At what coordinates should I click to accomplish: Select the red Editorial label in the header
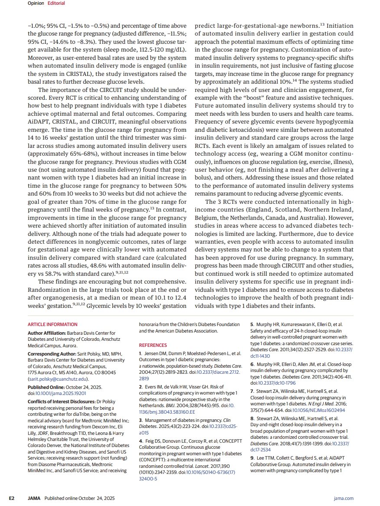click(56, 3)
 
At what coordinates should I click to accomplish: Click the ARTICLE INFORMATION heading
click(52, 324)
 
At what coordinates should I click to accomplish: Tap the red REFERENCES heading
click(153, 345)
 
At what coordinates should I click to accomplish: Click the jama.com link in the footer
click(344, 498)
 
